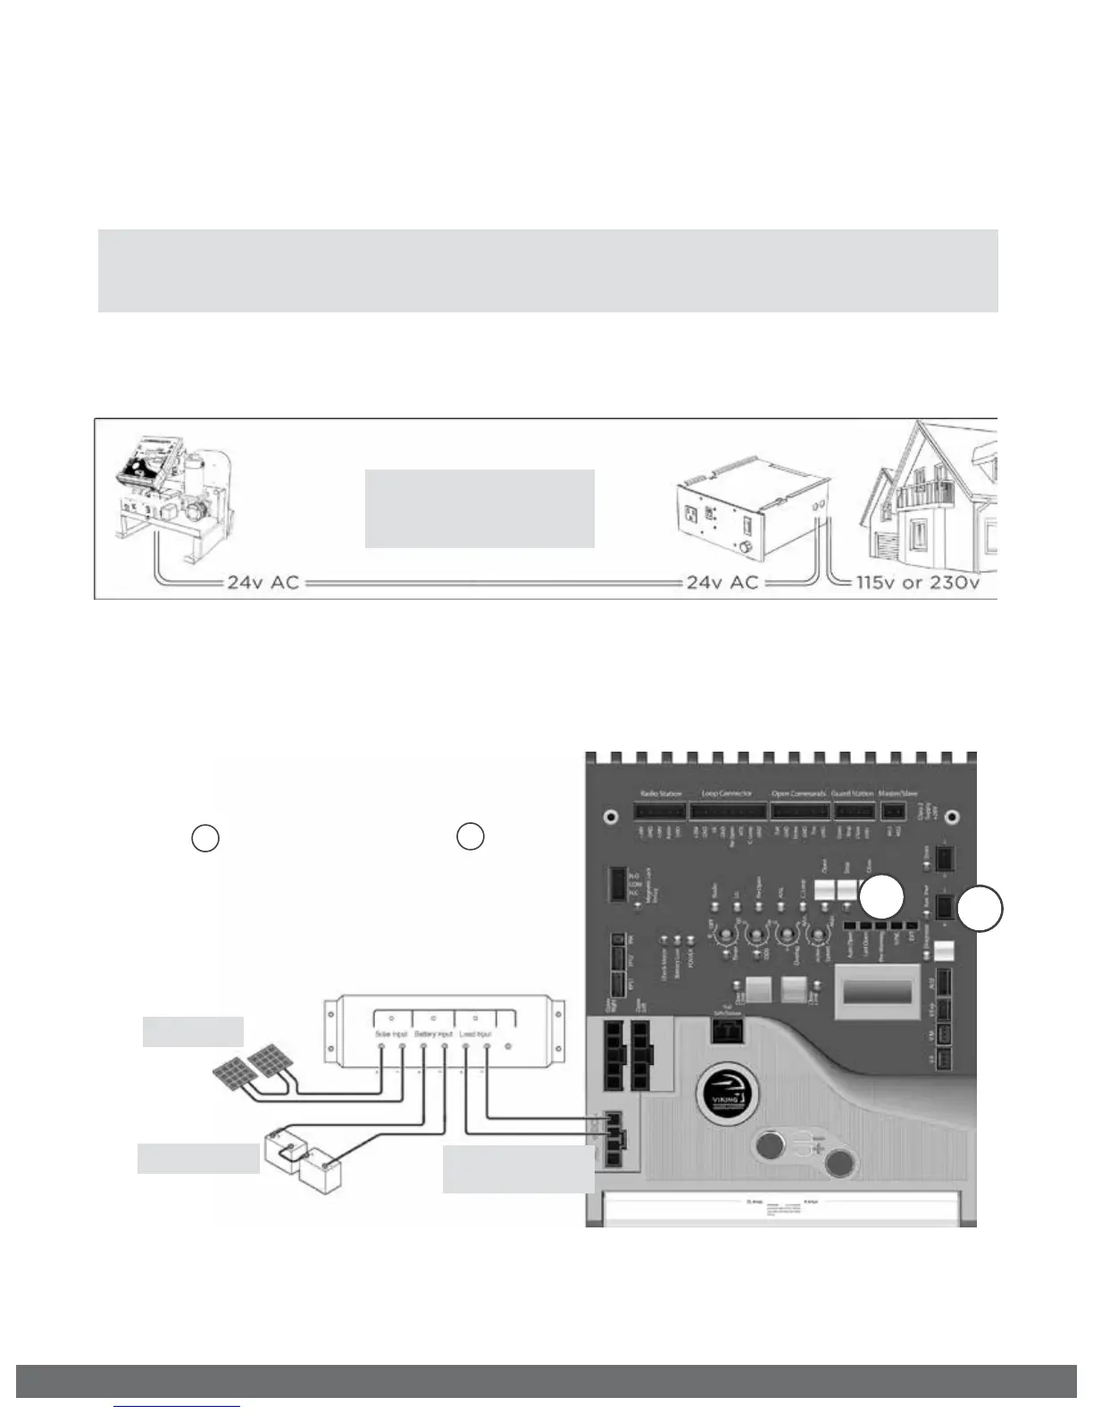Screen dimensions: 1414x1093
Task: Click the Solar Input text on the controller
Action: tap(391, 1034)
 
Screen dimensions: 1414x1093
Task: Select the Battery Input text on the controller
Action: tap(434, 1034)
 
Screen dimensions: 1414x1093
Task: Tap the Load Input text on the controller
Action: tap(475, 1034)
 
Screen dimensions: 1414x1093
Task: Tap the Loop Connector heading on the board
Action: tap(727, 793)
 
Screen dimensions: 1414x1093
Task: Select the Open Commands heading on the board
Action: tap(799, 793)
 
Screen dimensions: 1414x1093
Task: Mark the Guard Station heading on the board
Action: tap(853, 793)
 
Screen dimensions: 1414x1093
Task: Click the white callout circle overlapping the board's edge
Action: tap(980, 910)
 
